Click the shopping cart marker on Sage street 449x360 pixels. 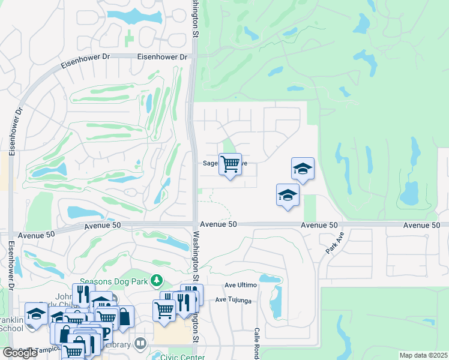point(230,164)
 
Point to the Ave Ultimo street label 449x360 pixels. point(240,285)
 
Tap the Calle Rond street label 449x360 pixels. point(256,344)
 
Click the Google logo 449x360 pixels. point(20,353)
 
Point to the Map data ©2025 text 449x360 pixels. point(423,355)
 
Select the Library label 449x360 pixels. point(118,344)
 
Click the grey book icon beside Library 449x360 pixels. point(140,343)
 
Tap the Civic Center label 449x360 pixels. point(182,356)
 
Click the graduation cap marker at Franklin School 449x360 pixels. point(36,314)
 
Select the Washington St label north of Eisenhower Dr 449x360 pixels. point(195,18)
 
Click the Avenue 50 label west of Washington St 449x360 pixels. point(103,226)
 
